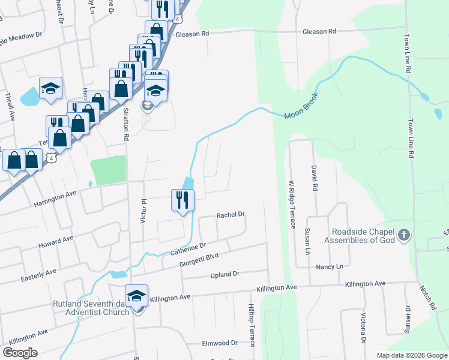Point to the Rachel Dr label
pos(231,214)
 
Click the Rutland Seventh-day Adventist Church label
pos(91,308)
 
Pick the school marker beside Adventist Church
pos(137,296)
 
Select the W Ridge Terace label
pos(292,204)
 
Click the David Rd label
pos(313,178)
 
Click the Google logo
pos(20,353)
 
